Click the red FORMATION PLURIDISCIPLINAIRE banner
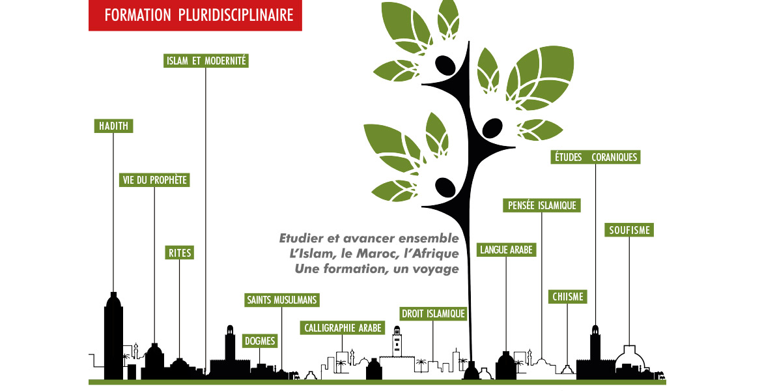[x=195, y=16]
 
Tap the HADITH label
[x=113, y=126]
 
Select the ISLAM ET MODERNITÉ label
[x=206, y=61]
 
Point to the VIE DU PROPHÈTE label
[x=155, y=181]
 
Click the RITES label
[x=179, y=253]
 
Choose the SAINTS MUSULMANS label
[x=282, y=300]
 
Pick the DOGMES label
[x=260, y=341]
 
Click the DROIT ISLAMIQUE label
[x=433, y=314]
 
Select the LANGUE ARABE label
[x=506, y=250]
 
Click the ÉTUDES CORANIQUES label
[x=595, y=157]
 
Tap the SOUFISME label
[x=629, y=230]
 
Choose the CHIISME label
[x=567, y=297]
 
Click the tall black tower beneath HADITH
[x=113, y=336]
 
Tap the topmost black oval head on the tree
[x=445, y=66]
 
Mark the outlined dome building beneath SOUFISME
[x=628, y=358]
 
